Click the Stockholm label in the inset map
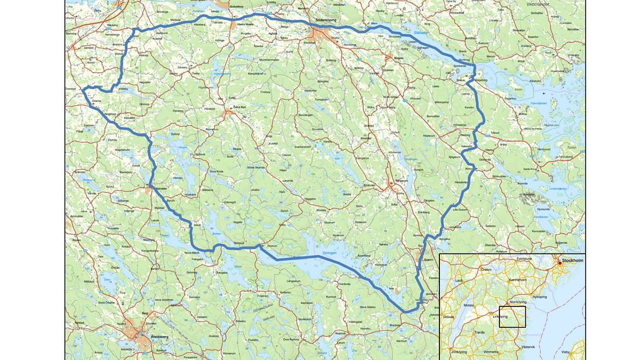(x=572, y=261)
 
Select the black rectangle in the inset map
(x=512, y=317)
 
